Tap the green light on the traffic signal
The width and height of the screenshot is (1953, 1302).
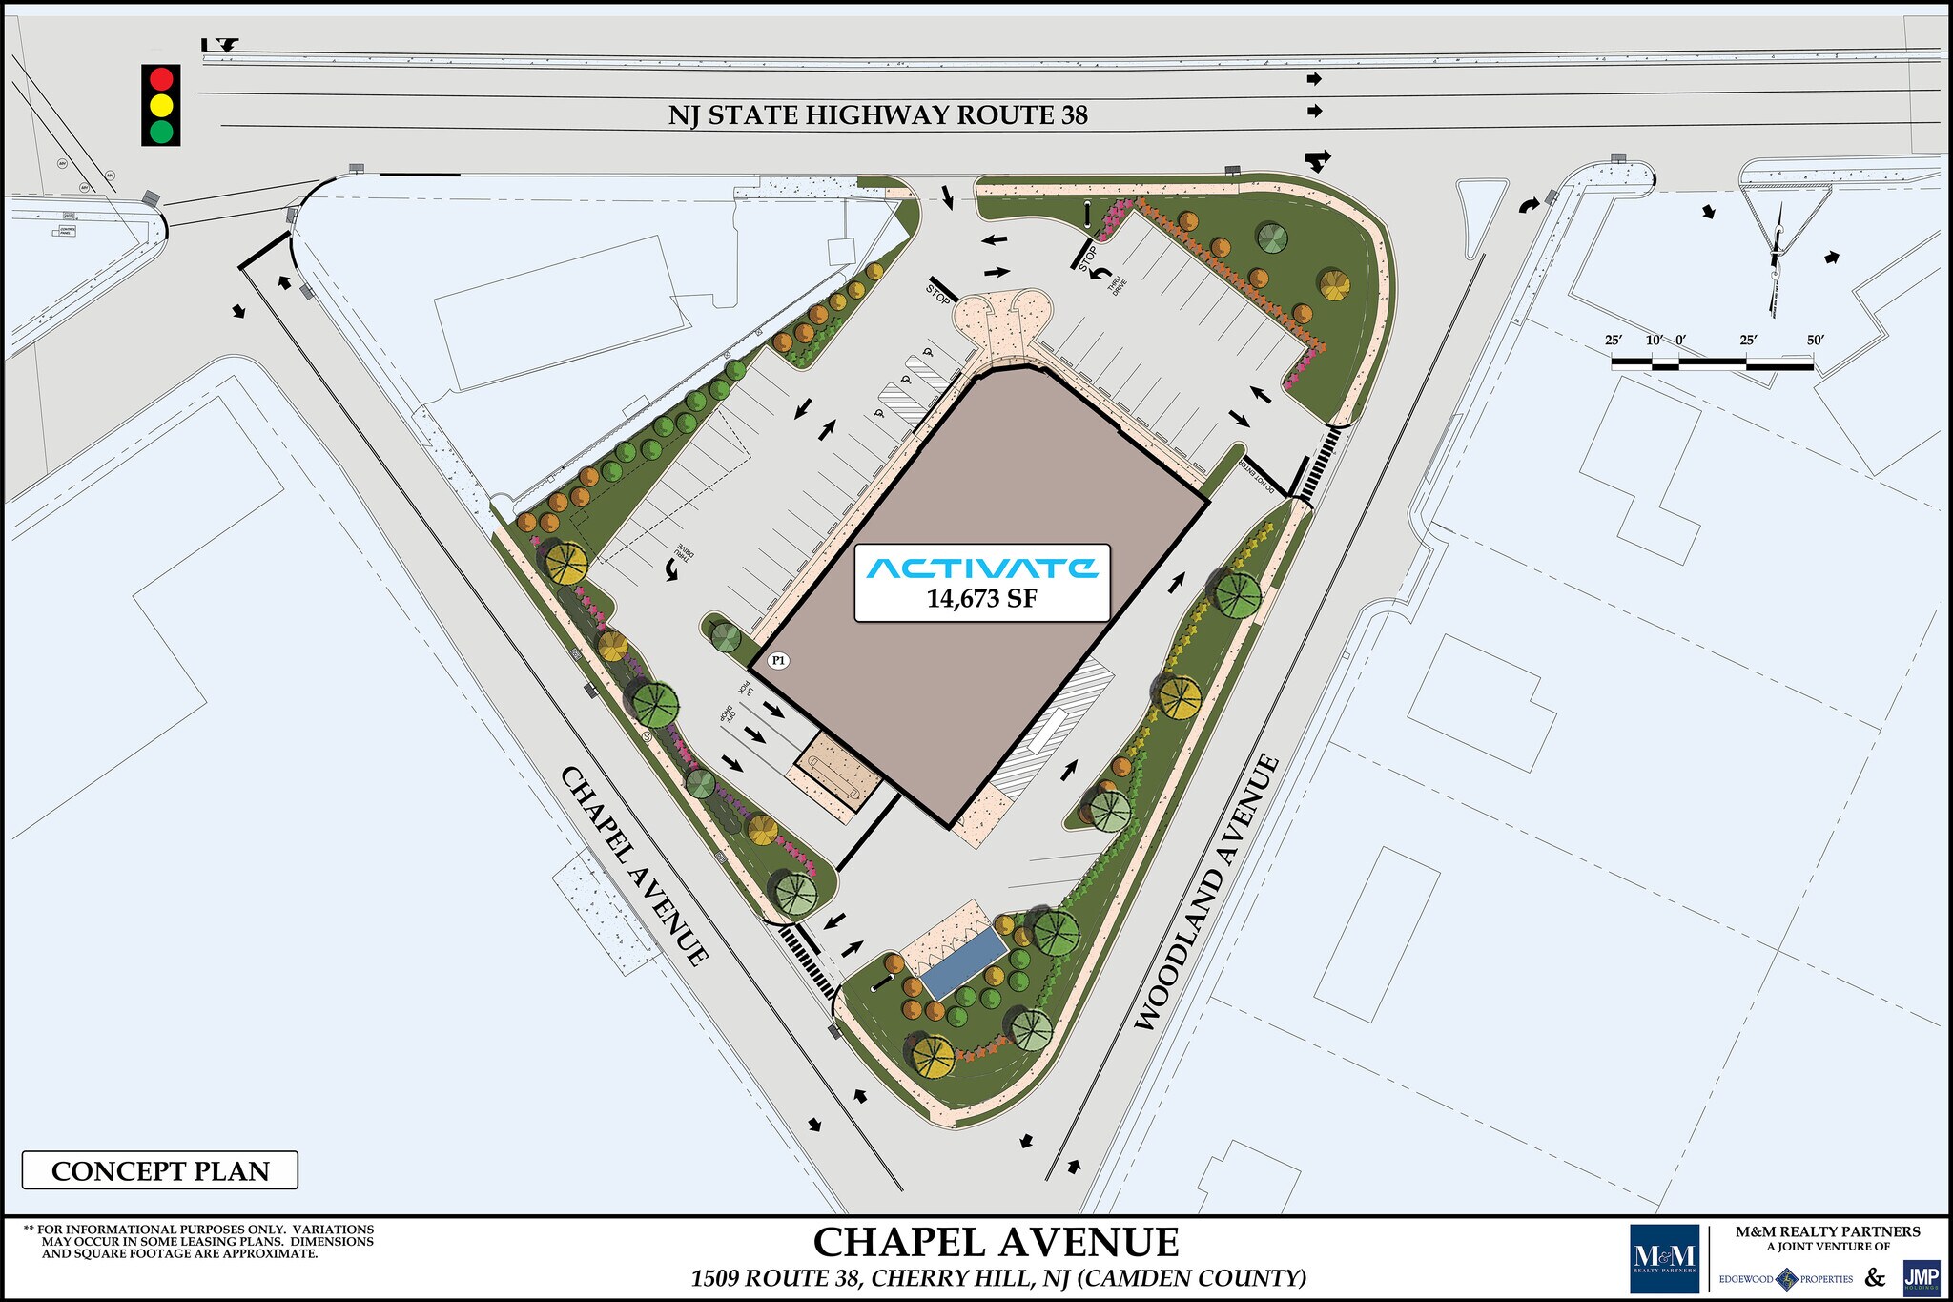pos(161,131)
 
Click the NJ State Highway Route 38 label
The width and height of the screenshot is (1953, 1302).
pos(877,115)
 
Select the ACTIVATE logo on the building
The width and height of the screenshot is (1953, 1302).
pos(981,568)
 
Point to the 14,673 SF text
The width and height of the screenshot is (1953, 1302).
pos(981,599)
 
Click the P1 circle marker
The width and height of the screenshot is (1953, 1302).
pos(778,660)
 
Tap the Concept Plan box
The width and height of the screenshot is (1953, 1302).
pos(160,1170)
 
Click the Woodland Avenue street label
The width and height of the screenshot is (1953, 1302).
pos(1206,893)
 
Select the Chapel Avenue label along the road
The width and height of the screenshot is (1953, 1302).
pos(634,866)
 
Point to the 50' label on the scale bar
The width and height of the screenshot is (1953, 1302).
pos(1815,341)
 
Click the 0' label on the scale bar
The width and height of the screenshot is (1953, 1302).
pos(1679,341)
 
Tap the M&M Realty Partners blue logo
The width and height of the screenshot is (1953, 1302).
pos(1664,1256)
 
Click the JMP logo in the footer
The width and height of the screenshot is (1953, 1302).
pos(1921,1277)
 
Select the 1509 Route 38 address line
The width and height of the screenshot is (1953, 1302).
pos(997,1278)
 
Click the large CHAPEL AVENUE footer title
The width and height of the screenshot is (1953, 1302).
pos(996,1243)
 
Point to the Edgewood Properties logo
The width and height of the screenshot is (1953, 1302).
pos(1785,1279)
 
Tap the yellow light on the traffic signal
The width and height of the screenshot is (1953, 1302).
pos(161,105)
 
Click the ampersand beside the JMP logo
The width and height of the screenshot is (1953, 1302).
pos(1875,1277)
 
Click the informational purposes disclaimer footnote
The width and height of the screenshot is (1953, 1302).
pos(200,1241)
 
